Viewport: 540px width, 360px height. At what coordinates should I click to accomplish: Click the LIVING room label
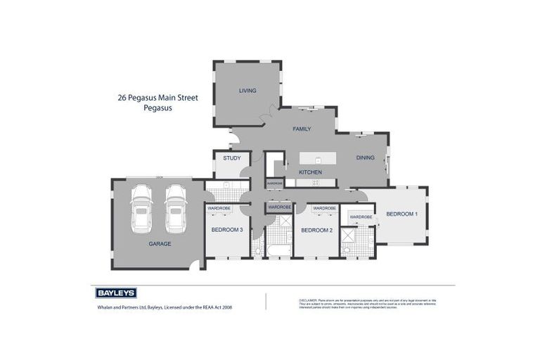(x=247, y=91)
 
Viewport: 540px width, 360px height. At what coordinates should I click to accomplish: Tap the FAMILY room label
(x=302, y=129)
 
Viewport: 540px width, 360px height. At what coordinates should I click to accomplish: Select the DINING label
(x=365, y=158)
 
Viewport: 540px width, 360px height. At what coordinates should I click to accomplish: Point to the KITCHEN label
(x=310, y=172)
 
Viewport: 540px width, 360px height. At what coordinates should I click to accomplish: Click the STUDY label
(x=232, y=158)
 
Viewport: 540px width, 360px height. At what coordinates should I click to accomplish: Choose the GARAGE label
(x=160, y=244)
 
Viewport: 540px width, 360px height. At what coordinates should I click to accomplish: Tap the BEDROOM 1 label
(x=401, y=214)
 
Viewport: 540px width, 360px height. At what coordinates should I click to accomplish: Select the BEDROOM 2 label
(x=316, y=230)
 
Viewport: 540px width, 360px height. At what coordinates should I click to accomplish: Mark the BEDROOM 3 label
(x=227, y=230)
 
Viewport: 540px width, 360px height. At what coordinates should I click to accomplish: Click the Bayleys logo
(x=115, y=293)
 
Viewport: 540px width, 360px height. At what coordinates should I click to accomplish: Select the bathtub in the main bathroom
(x=280, y=250)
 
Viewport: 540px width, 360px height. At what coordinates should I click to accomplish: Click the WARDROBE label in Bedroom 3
(x=219, y=209)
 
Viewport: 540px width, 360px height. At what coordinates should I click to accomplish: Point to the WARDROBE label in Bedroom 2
(x=324, y=209)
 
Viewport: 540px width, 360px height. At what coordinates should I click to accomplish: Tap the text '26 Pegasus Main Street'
(x=157, y=98)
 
